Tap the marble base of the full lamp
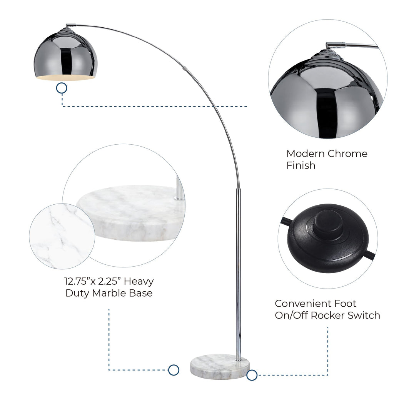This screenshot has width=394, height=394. click(x=220, y=367)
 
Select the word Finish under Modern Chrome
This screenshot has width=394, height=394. click(x=301, y=165)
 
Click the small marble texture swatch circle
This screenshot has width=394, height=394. click(x=62, y=236)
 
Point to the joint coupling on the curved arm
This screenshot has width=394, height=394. click(x=185, y=68)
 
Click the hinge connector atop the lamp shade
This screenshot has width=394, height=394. click(x=71, y=25)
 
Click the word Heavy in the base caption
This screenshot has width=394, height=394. click(x=139, y=281)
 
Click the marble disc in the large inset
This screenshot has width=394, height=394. click(x=131, y=213)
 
